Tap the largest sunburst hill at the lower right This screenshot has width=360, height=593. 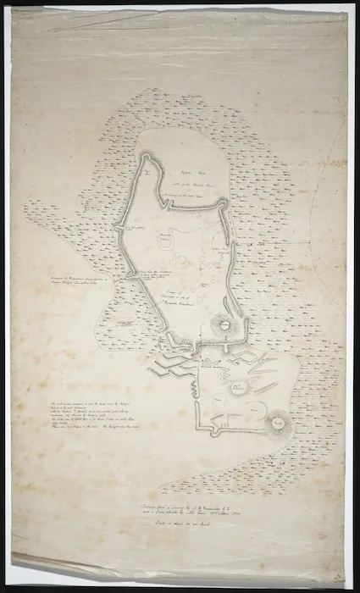[x=276, y=418]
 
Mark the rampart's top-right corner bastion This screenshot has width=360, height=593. [x=224, y=203]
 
